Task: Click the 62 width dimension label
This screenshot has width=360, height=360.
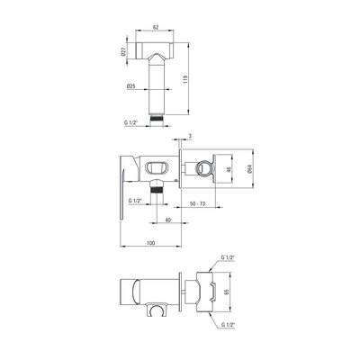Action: coord(156,27)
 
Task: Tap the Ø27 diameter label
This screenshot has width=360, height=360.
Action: coord(122,51)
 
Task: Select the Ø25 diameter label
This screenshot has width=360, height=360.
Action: coord(131,86)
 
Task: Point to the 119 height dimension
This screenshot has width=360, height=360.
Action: coord(185,79)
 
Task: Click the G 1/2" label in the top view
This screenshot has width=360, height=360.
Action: coord(130,122)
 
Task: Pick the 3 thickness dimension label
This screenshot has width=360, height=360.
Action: coord(190,136)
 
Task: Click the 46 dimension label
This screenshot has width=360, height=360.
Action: coord(229,169)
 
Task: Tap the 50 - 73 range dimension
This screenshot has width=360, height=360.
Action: coord(198,203)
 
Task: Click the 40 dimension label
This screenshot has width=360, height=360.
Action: coord(168,220)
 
